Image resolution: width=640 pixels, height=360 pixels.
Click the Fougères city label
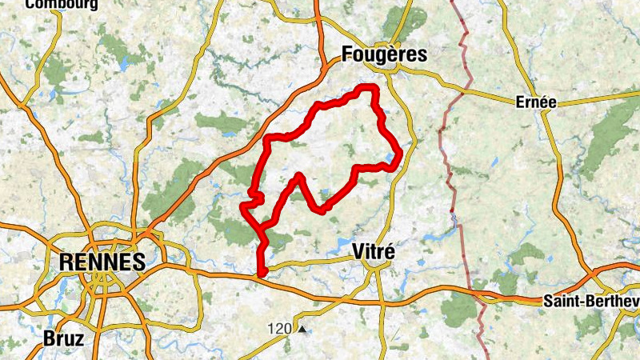(x=384, y=54)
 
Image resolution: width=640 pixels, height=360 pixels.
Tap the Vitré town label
(x=373, y=251)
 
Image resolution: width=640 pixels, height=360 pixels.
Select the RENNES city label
(x=102, y=262)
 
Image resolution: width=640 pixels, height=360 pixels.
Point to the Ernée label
(x=535, y=102)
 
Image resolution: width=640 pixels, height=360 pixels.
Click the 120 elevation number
(x=279, y=329)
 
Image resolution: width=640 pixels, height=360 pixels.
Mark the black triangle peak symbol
(x=302, y=329)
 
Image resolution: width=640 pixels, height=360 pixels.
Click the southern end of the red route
(x=262, y=274)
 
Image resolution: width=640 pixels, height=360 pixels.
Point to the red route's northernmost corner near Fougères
(x=369, y=86)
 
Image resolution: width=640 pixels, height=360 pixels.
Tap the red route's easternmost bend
(x=398, y=162)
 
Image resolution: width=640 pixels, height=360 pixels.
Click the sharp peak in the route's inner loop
(x=298, y=174)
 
